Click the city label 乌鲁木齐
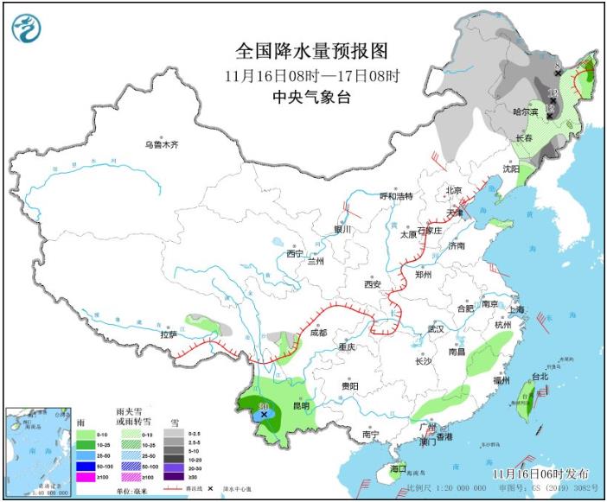[161, 145]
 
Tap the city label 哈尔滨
[525, 111]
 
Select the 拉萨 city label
[168, 334]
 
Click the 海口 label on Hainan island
[398, 468]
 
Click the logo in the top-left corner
[27, 28]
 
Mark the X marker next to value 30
[264, 415]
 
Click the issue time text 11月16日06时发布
[541, 474]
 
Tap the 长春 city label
[523, 138]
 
